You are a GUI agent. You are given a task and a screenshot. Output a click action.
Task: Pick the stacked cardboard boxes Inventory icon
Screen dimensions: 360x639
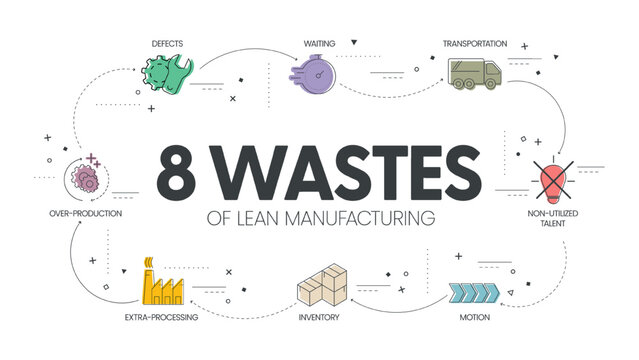click(x=322, y=287)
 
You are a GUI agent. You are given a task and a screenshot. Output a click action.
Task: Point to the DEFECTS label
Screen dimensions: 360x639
click(x=168, y=43)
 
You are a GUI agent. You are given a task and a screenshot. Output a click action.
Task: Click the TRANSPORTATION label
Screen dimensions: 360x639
click(x=476, y=43)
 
